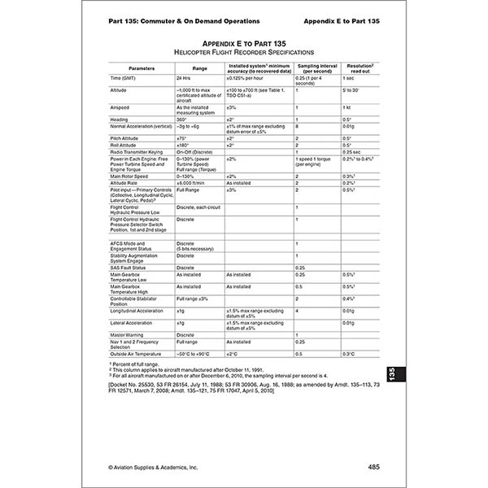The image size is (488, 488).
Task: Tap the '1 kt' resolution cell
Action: pyautogui.click(x=346, y=107)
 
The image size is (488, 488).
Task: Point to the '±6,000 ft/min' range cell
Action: pyautogui.click(x=194, y=182)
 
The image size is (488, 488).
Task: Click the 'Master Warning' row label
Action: pyautogui.click(x=129, y=334)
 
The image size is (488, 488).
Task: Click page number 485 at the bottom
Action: pyautogui.click(x=373, y=467)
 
